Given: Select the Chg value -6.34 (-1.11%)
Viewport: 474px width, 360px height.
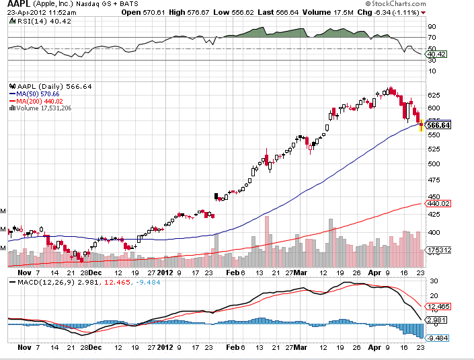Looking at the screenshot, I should click(397, 12).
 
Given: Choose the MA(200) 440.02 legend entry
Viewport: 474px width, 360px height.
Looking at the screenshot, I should click(42, 101).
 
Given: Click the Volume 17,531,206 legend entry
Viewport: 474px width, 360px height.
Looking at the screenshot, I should click(44, 108).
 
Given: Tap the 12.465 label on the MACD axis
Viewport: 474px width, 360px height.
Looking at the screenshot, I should click(438, 307).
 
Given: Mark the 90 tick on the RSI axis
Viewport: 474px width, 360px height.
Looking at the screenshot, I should click(432, 27).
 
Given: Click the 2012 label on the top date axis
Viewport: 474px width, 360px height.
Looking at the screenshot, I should click(165, 273).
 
